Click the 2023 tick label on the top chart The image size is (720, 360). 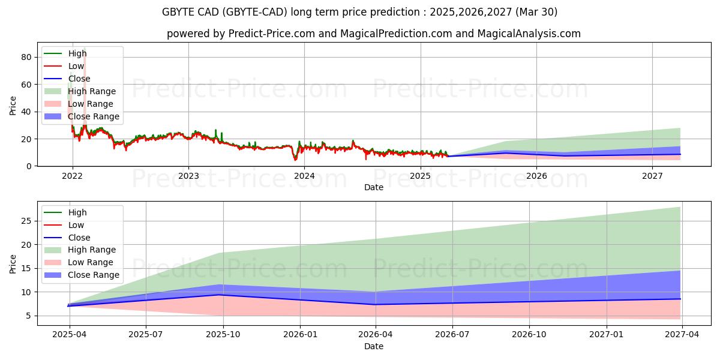[x=188, y=176]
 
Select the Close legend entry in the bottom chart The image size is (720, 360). [x=79, y=238]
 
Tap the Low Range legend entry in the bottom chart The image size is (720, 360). [x=91, y=263]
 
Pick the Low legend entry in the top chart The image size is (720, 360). [x=76, y=66]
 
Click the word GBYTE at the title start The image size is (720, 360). [x=178, y=12]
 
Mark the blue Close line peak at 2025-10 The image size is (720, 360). [x=223, y=295]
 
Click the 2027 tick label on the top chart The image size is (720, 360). [x=652, y=176]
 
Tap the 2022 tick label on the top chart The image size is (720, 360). [x=73, y=176]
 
